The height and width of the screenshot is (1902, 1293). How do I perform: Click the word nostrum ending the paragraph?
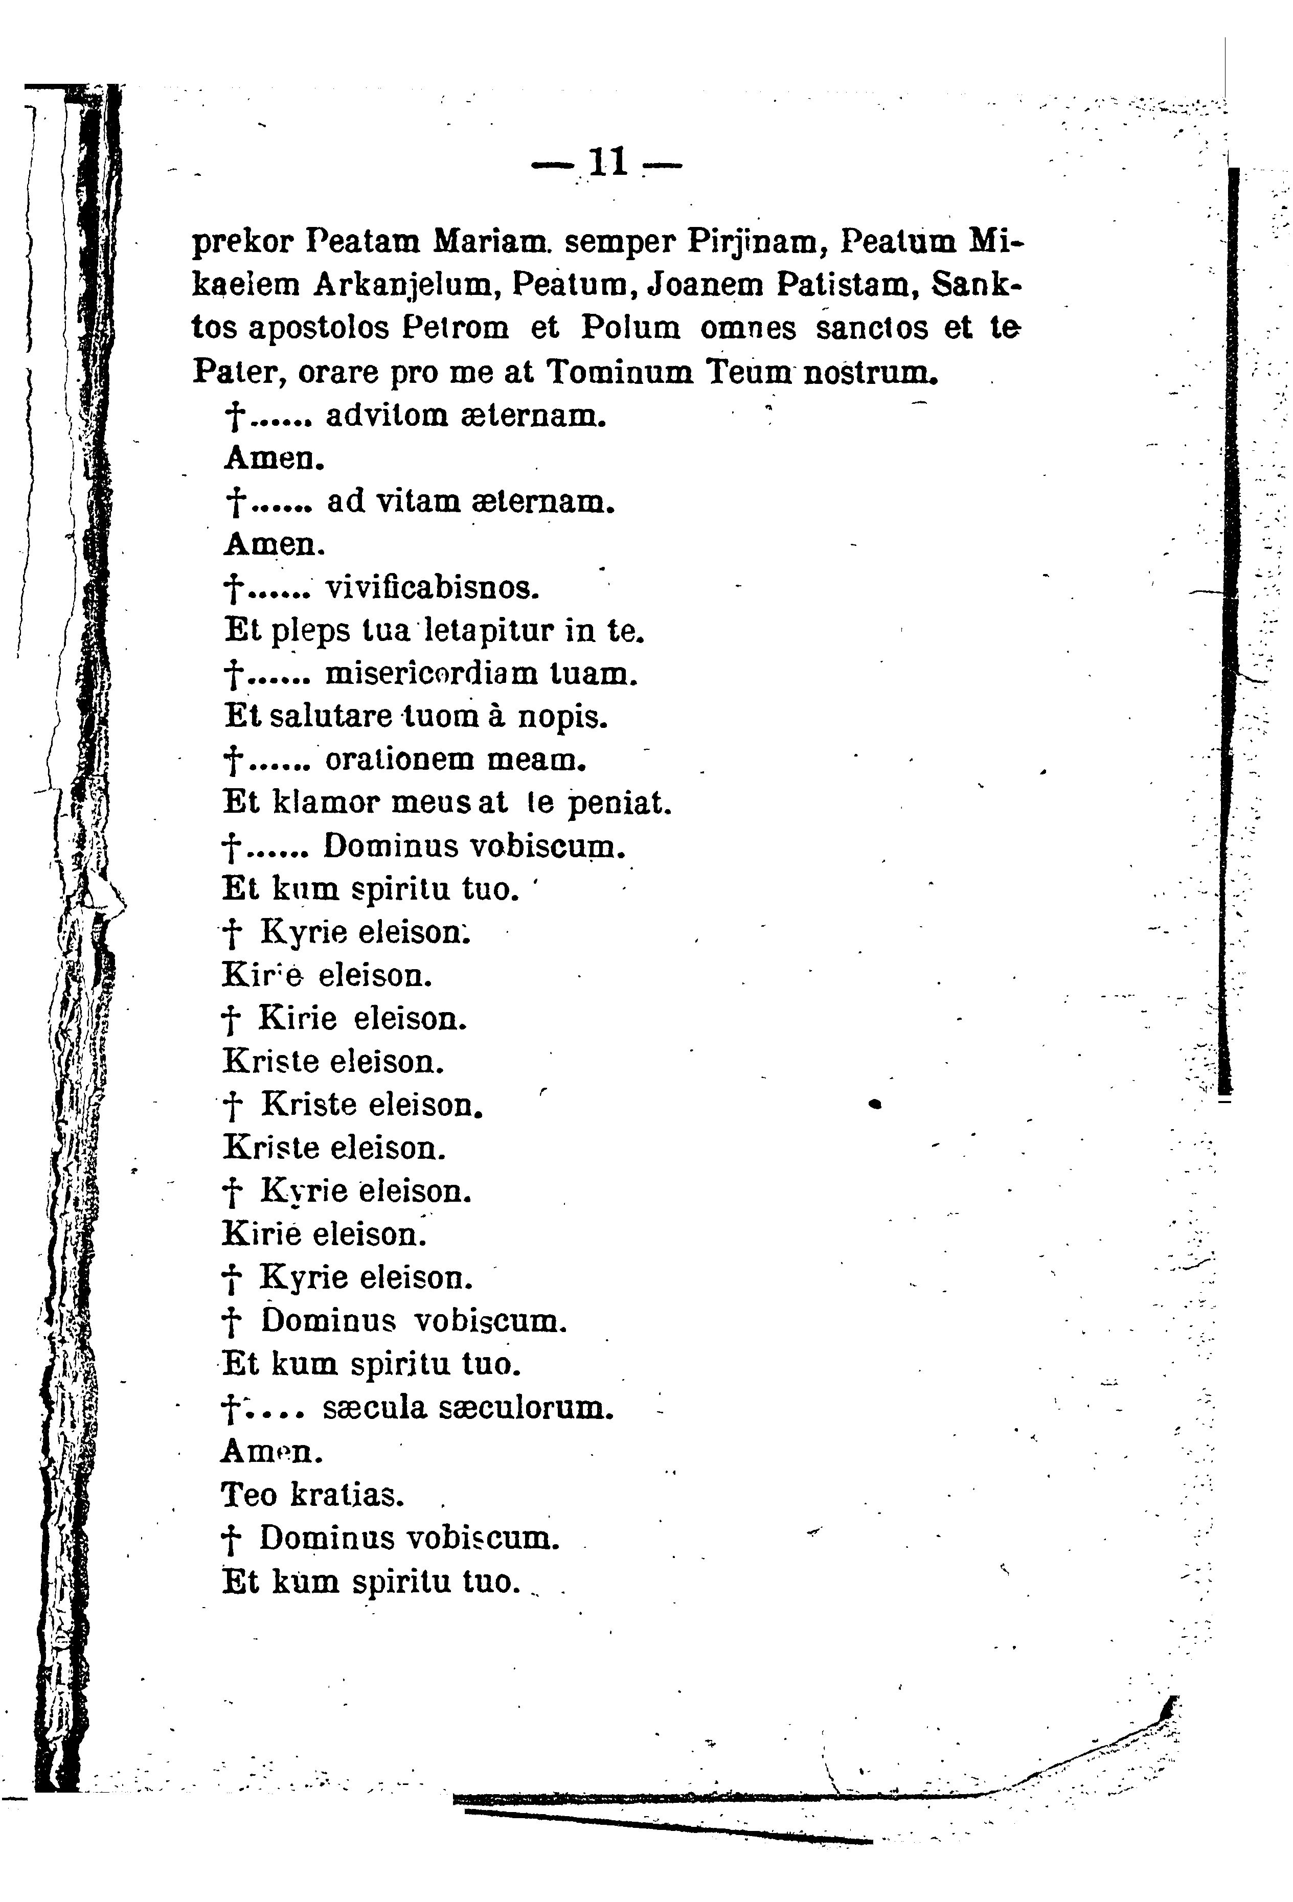870,373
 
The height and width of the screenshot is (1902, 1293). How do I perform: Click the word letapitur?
486,631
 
